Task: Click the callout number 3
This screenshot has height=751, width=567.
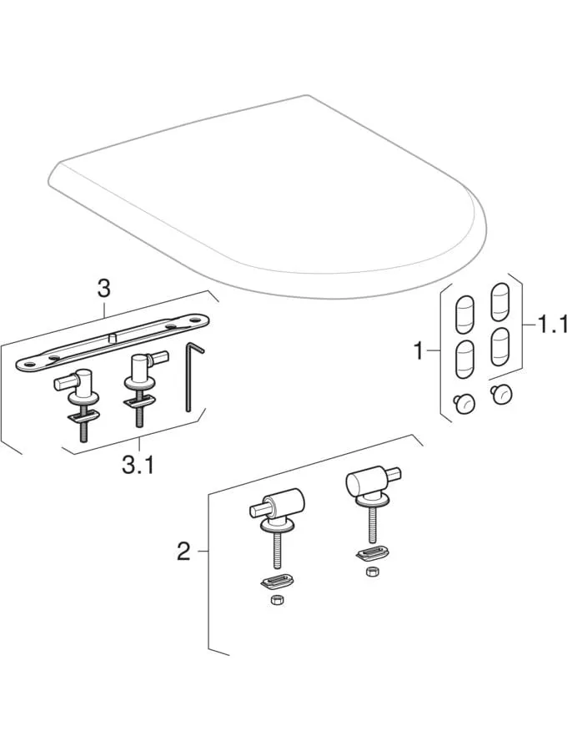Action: click(103, 289)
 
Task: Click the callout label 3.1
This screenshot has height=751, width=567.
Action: click(138, 465)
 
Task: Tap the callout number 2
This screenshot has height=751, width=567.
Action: click(183, 552)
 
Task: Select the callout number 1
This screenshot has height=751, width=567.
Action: click(419, 351)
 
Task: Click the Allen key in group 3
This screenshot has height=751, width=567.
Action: click(193, 376)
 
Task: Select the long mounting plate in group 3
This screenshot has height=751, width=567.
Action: click(113, 341)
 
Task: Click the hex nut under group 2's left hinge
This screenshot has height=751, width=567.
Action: click(276, 600)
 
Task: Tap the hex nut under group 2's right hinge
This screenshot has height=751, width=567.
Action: click(370, 571)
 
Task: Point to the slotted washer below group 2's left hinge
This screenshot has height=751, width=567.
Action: click(277, 582)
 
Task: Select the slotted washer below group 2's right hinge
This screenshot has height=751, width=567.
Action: click(372, 554)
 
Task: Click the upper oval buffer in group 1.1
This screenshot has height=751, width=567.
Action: click(499, 302)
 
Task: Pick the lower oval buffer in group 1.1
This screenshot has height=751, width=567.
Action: click(499, 347)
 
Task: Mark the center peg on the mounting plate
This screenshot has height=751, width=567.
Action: click(113, 339)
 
